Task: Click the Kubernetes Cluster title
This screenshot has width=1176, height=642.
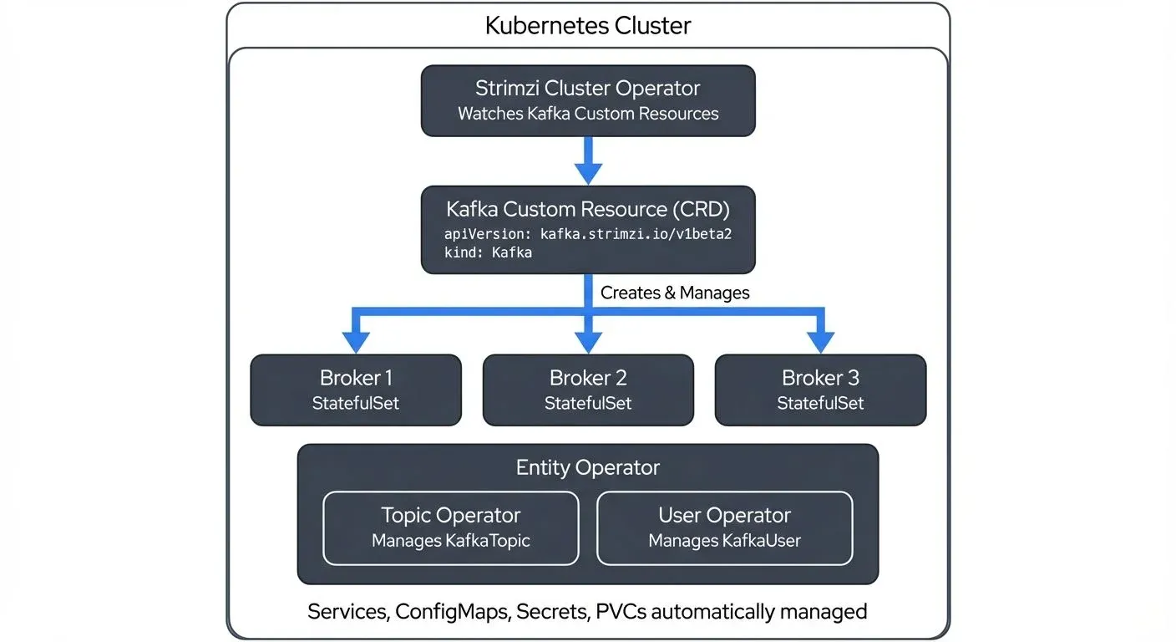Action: click(x=587, y=25)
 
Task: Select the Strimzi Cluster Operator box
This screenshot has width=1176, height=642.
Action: click(x=587, y=100)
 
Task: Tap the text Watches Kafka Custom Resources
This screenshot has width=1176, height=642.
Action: click(x=587, y=114)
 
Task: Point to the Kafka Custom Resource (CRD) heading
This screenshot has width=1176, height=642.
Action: click(x=587, y=208)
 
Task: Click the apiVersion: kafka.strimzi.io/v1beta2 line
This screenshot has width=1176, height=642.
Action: click(x=587, y=234)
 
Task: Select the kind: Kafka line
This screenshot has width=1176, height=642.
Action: click(x=488, y=252)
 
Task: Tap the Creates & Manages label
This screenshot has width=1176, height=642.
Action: click(x=675, y=293)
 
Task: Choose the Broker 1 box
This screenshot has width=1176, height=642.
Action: click(x=356, y=390)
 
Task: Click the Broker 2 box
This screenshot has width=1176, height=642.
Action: click(x=588, y=390)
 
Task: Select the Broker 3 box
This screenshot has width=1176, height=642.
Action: click(x=820, y=390)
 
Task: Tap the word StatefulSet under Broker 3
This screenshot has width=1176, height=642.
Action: click(x=820, y=403)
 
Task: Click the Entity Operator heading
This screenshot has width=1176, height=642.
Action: click(x=587, y=467)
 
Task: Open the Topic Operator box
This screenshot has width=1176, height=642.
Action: click(x=450, y=527)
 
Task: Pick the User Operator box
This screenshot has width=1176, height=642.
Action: click(x=724, y=527)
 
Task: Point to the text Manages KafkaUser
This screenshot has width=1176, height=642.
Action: click(x=724, y=541)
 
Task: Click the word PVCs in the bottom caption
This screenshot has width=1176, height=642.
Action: click(x=620, y=611)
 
